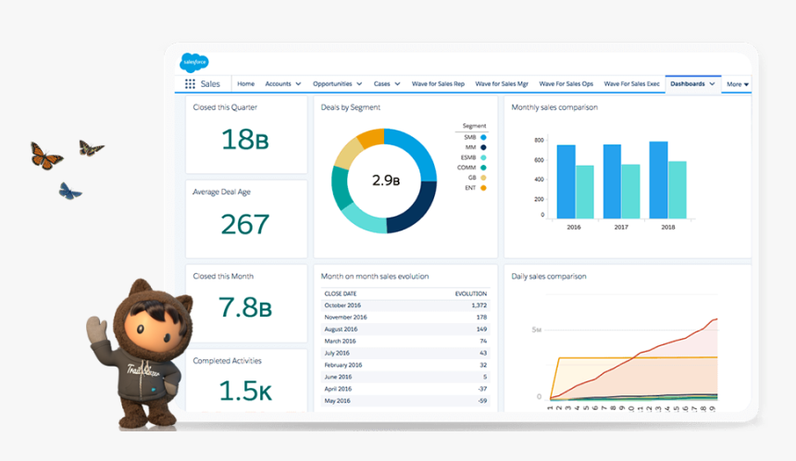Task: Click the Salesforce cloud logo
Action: pyautogui.click(x=194, y=62)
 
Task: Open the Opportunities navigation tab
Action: pyautogui.click(x=337, y=84)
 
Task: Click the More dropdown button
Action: pyautogui.click(x=737, y=84)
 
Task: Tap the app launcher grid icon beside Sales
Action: pyautogui.click(x=190, y=84)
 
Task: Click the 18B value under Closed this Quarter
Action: pyautogui.click(x=245, y=139)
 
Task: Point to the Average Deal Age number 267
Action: pyautogui.click(x=245, y=224)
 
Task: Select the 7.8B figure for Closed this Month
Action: pyautogui.click(x=245, y=307)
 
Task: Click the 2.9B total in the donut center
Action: pyautogui.click(x=384, y=181)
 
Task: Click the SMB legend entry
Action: pyautogui.click(x=475, y=137)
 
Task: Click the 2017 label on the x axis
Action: pyautogui.click(x=620, y=227)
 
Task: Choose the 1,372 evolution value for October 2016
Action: pyautogui.click(x=478, y=305)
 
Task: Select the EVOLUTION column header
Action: pyautogui.click(x=470, y=293)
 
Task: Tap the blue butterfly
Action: pyautogui.click(x=69, y=192)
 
